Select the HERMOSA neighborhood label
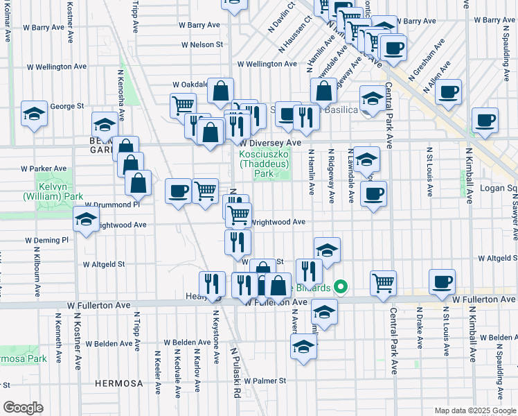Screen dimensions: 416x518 [119, 383]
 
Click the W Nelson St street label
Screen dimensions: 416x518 [202, 44]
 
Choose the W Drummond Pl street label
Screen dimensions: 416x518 [112, 205]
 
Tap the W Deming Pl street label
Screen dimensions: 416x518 [47, 240]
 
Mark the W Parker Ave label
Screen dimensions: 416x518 [44, 168]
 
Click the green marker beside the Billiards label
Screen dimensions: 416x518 [340, 286]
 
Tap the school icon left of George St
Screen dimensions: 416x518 [33, 113]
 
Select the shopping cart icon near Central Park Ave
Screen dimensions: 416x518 [384, 282]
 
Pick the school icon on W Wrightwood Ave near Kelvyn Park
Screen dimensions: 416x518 [86, 220]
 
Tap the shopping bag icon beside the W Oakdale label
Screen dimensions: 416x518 [220, 90]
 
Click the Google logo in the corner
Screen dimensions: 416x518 [23, 408]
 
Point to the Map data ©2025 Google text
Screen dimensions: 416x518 [474, 410]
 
